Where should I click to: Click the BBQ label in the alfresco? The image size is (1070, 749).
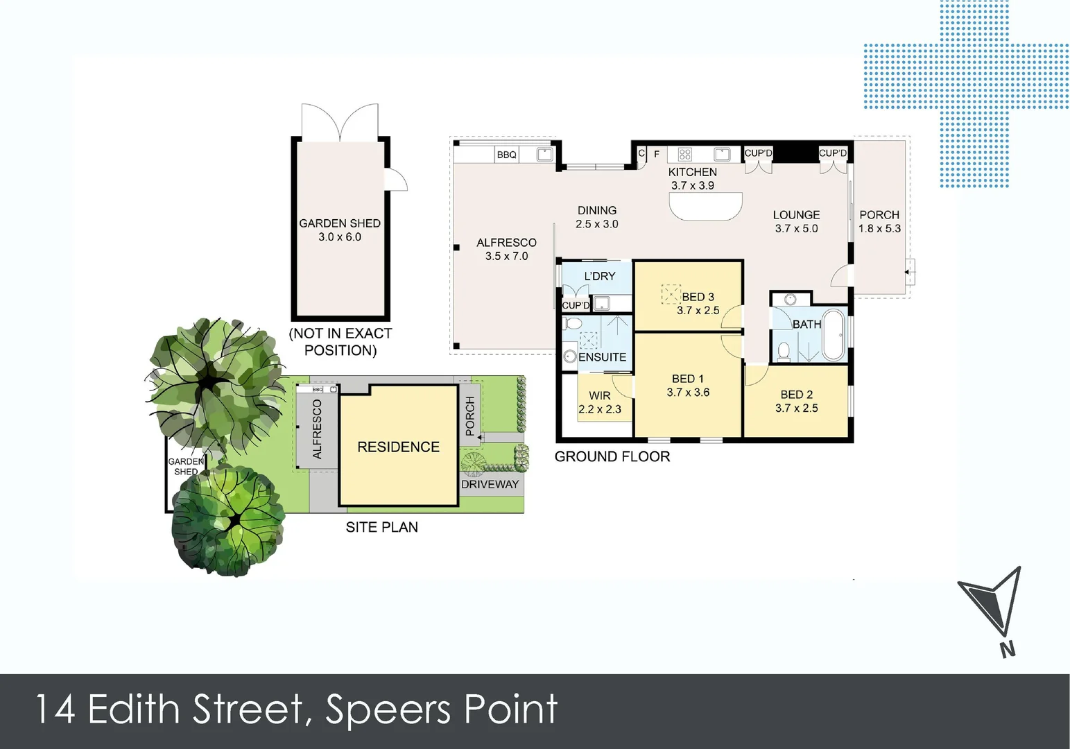tap(506, 155)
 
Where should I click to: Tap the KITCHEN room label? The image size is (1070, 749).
tap(692, 172)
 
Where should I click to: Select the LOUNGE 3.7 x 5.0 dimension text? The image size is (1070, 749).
tap(796, 228)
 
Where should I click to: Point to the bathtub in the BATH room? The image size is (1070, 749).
tap(833, 336)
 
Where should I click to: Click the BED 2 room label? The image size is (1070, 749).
tap(796, 395)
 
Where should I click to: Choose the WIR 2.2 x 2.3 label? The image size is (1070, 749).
tap(600, 402)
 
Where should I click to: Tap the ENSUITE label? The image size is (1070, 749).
tap(602, 357)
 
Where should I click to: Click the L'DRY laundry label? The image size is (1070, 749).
tap(599, 276)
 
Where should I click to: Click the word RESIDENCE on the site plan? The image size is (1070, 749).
tap(398, 447)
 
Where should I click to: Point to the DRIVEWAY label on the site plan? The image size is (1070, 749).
tap(490, 484)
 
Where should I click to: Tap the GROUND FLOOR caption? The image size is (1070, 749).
tap(612, 456)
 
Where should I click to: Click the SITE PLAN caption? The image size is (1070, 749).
tap(381, 527)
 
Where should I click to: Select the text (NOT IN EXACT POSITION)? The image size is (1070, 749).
tap(340, 342)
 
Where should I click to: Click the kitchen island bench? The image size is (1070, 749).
tap(705, 206)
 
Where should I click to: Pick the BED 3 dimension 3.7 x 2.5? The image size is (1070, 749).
tap(698, 311)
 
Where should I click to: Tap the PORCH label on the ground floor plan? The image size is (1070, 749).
tap(879, 215)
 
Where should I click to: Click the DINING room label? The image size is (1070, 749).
tap(596, 210)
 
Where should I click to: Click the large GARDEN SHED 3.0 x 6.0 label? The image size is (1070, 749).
tap(340, 230)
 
